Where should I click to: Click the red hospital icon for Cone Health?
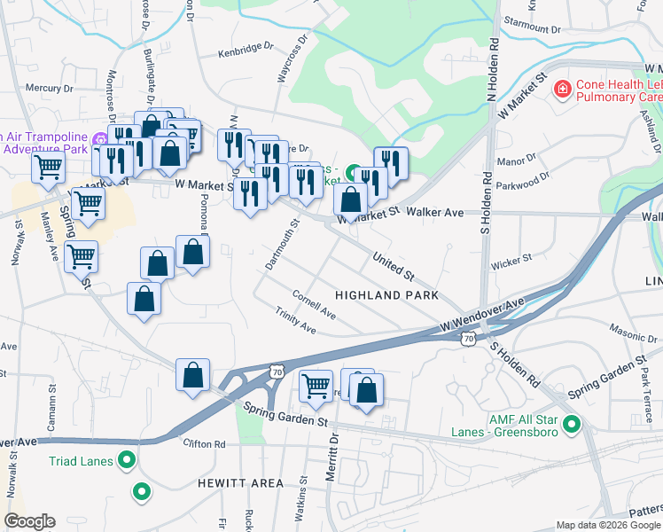click(561, 89)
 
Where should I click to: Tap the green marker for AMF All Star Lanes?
click(572, 425)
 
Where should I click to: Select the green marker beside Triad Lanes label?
click(128, 459)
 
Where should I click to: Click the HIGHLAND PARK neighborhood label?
click(386, 294)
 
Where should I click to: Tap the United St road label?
click(394, 263)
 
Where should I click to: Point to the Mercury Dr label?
click(49, 88)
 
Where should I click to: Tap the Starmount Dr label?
click(532, 28)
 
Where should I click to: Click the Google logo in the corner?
click(29, 521)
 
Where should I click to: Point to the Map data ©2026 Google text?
click(607, 525)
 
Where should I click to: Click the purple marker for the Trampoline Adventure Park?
click(101, 139)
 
